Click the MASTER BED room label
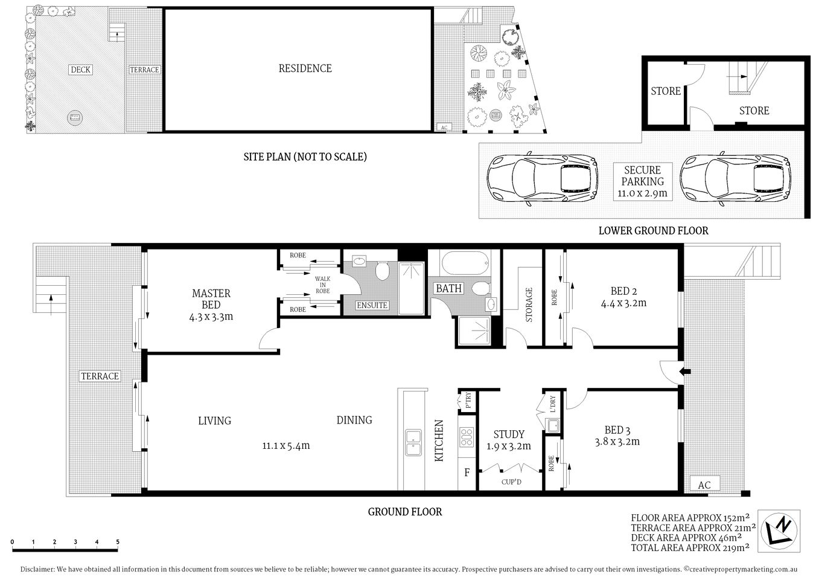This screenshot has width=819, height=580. [x=211, y=298]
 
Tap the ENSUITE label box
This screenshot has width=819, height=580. [x=372, y=305]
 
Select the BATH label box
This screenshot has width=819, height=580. [x=448, y=288]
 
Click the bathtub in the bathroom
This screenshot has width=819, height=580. [x=465, y=263]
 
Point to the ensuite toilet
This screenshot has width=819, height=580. [x=382, y=272]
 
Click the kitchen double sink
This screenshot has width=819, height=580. [x=413, y=442]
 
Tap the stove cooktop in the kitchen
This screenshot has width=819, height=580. [x=467, y=437]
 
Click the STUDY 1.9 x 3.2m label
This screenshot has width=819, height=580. [x=509, y=440]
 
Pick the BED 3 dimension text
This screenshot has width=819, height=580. [x=617, y=442]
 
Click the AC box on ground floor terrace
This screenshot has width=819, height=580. [x=704, y=485]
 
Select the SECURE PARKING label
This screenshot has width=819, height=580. [x=642, y=176]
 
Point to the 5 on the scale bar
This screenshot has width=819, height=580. [x=118, y=541]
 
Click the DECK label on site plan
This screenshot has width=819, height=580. [x=80, y=69]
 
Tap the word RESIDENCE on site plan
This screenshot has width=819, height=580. [x=305, y=68]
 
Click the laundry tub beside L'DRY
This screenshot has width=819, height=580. [x=552, y=425]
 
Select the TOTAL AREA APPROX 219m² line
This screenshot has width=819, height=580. [x=690, y=547]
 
